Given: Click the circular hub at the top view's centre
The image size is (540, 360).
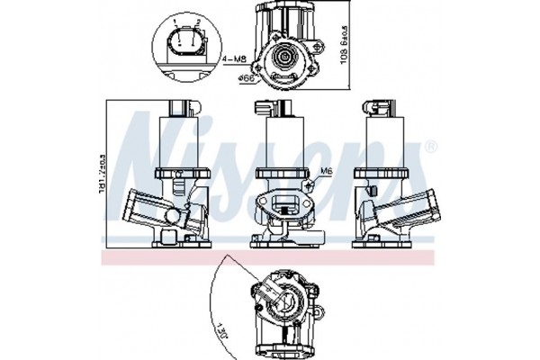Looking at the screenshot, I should pos(286,58).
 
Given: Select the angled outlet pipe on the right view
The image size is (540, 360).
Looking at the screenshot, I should pos(409,208).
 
